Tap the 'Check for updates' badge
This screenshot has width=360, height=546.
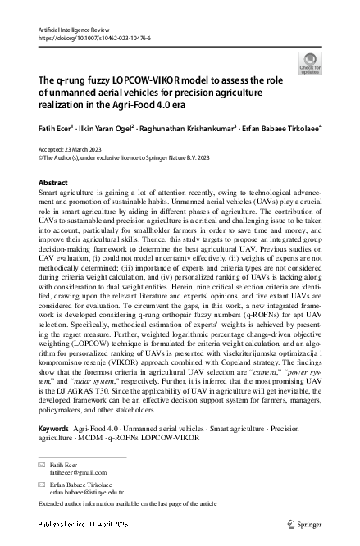[312, 64]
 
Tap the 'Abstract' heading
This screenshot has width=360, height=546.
[53, 183]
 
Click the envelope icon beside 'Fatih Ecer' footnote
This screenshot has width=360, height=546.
[43, 466]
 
